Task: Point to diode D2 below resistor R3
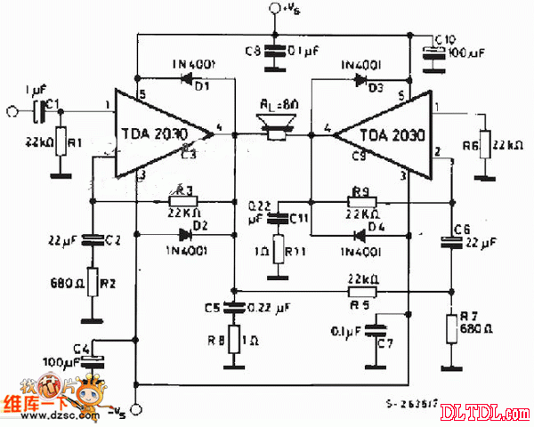tap(185, 236)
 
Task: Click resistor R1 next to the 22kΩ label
tap(61, 143)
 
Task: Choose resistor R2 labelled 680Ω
tap(91, 283)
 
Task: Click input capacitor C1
tap(36, 110)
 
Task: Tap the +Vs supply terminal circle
tap(272, 10)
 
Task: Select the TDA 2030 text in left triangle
tap(151, 135)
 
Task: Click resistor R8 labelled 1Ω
tap(233, 339)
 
